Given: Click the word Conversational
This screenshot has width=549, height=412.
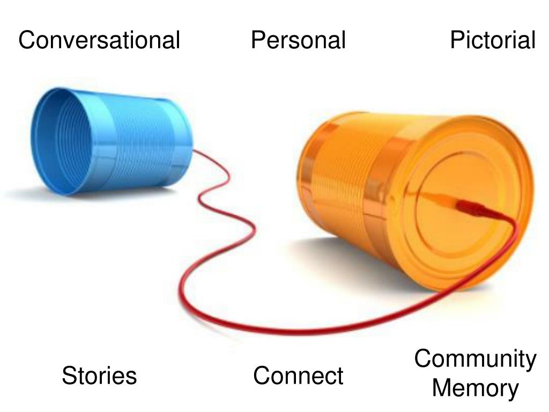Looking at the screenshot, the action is coord(99,40).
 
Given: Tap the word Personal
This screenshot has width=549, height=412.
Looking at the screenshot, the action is coord(298,40).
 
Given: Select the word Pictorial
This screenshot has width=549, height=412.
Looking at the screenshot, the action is coord(492,40).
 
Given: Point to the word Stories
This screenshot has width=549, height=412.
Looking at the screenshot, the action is coord(99,376).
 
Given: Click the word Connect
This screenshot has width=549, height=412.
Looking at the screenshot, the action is coord(298,376).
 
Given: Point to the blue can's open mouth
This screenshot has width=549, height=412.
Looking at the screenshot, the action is coord(54,142).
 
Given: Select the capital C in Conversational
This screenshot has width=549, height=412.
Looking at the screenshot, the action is coord(26,40).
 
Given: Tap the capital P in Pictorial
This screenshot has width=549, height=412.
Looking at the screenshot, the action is coord(457,40).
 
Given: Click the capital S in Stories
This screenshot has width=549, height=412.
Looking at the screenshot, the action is coord(69,376).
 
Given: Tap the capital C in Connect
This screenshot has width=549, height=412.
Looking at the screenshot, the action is coord(261,376).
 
